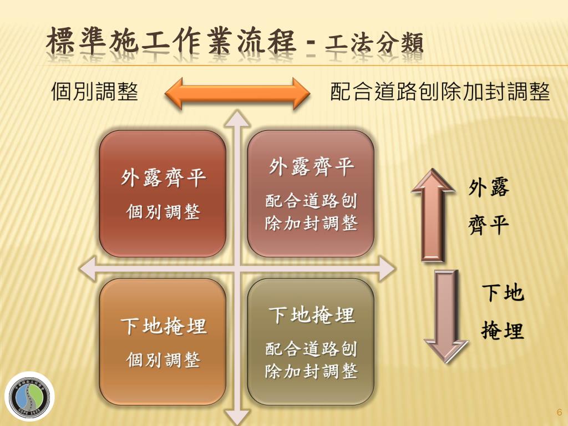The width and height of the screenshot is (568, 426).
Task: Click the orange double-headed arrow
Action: point(237,93)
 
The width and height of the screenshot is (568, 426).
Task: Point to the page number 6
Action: point(559,412)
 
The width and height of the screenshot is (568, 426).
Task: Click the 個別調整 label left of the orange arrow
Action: point(94,92)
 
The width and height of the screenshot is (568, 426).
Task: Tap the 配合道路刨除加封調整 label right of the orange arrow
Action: point(440,92)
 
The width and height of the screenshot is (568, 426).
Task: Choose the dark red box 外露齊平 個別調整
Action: point(163,194)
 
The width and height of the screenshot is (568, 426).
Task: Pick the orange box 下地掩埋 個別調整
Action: point(163,342)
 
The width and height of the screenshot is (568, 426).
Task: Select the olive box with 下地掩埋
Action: point(311,342)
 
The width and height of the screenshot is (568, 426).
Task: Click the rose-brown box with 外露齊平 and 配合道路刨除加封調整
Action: point(311,194)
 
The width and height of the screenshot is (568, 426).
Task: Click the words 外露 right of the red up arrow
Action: point(489,187)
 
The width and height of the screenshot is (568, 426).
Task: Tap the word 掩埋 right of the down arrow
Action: point(502,331)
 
